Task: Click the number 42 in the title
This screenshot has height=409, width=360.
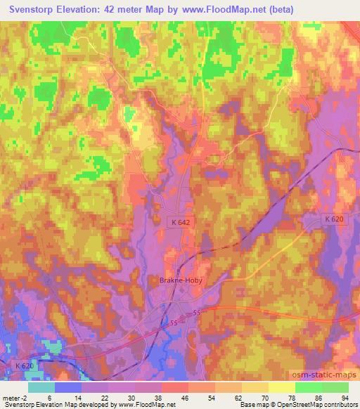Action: [x=140, y=9]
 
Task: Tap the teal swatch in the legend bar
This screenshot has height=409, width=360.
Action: [x=41, y=387]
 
